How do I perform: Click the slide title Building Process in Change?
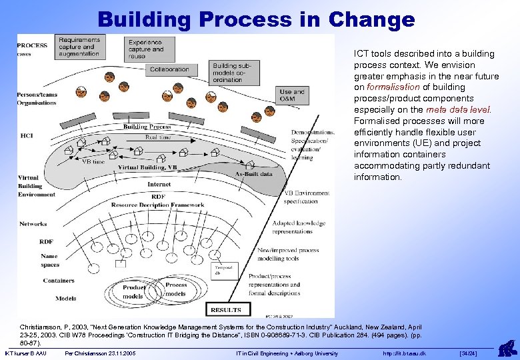click(256, 19)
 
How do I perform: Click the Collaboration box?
click(169, 69)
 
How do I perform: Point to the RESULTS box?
click(225, 309)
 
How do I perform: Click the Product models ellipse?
click(133, 291)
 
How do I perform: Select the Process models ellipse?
click(176, 289)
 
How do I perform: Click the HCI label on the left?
click(27, 136)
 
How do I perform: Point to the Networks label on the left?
click(33, 224)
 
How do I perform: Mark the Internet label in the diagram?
click(159, 184)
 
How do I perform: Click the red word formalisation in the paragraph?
click(393, 87)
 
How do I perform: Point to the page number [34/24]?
click(469, 353)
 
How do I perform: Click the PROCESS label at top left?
click(32, 45)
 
